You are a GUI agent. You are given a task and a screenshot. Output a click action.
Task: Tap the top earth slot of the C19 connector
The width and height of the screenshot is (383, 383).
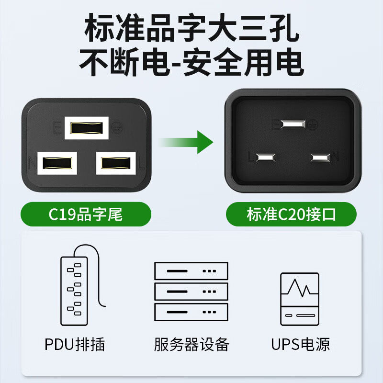pyautogui.click(x=87, y=128)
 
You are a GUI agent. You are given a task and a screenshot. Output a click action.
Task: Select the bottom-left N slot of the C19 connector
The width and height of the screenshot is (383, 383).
pyautogui.click(x=57, y=163)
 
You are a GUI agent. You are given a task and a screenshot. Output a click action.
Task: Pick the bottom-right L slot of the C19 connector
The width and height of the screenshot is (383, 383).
pyautogui.click(x=116, y=163)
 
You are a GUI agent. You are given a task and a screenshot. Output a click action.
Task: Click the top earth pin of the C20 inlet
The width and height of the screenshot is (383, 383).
pyautogui.click(x=293, y=124)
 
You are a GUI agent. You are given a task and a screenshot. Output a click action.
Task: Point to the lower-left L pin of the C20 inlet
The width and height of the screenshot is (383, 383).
pyautogui.click(x=266, y=157)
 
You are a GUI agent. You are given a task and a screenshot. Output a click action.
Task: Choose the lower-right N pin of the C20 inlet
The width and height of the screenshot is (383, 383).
pyautogui.click(x=320, y=157)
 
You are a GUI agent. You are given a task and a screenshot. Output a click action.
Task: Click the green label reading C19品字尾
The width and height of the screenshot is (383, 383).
pyautogui.click(x=86, y=214)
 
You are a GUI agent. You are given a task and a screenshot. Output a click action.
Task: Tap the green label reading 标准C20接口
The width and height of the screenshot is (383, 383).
pyautogui.click(x=291, y=214)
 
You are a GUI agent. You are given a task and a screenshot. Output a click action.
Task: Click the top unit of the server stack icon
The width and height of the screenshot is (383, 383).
pyautogui.click(x=191, y=271)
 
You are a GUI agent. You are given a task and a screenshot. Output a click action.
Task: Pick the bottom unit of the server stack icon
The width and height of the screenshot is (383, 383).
pyautogui.click(x=191, y=312)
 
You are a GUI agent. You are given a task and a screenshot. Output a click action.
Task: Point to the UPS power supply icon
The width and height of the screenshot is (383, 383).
pyautogui.click(x=300, y=299)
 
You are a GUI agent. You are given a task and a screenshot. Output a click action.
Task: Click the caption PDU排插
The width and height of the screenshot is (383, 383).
pyautogui.click(x=75, y=344)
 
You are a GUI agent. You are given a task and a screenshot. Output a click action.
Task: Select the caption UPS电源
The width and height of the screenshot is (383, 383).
pyautogui.click(x=301, y=344)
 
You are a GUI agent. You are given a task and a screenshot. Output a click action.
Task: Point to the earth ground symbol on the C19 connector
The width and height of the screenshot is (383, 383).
pyautogui.click(x=117, y=127)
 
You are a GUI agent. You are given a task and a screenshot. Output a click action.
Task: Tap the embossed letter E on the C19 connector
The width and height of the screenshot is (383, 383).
pyautogui.click(x=57, y=128)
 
